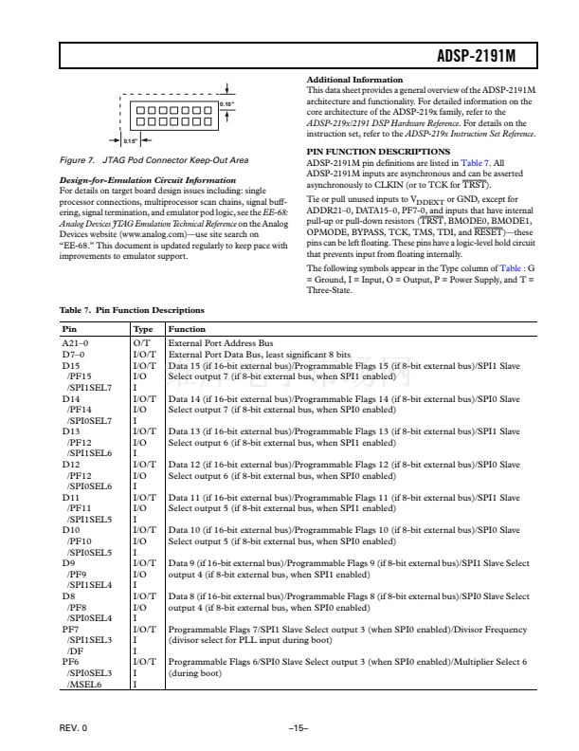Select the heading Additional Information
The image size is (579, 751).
click(356, 79)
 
